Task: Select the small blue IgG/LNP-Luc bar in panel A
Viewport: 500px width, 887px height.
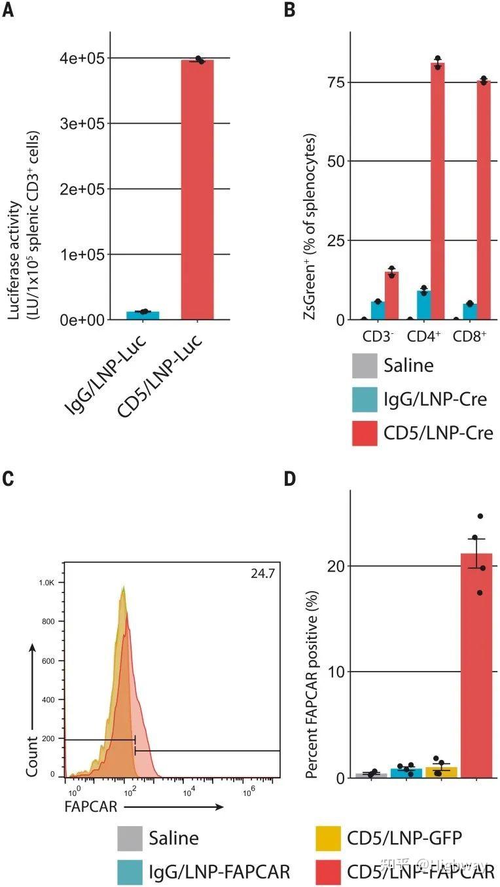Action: (143, 315)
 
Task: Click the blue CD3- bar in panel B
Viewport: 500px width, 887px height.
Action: (377, 310)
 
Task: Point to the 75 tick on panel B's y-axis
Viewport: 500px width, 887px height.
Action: (335, 82)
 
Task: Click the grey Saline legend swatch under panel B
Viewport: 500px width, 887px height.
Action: (365, 365)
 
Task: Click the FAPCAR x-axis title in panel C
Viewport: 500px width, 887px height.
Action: (91, 806)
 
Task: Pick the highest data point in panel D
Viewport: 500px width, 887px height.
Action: (480, 516)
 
